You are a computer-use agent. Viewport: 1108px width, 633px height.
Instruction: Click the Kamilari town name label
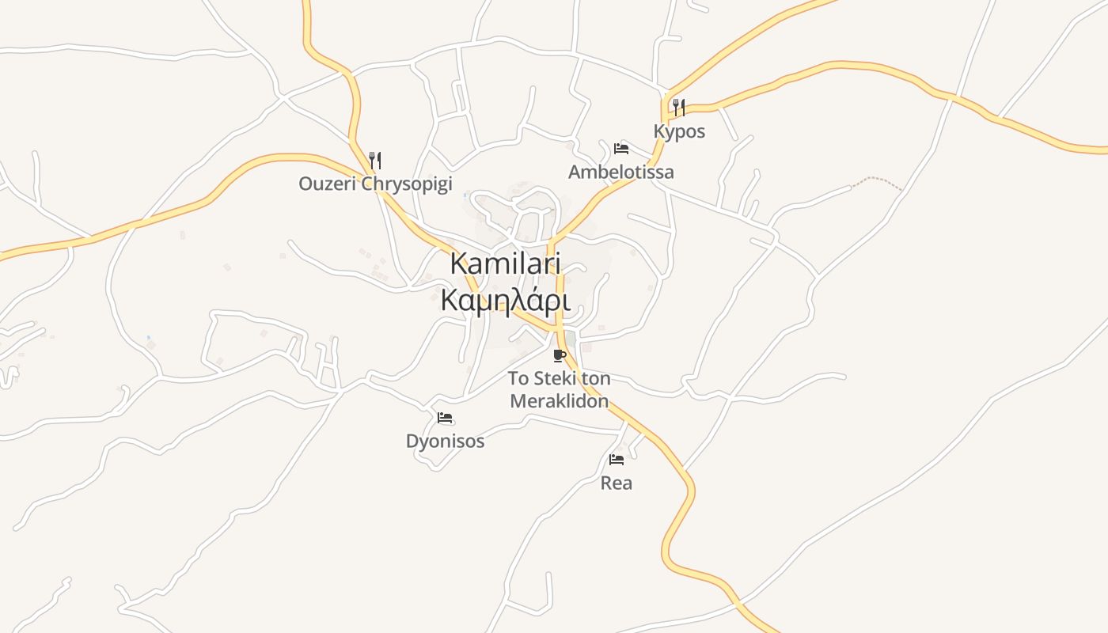coord(505,264)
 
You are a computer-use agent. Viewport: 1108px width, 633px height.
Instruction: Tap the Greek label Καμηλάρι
coord(505,301)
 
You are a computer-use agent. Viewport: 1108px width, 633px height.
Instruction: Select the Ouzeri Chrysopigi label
coord(375,184)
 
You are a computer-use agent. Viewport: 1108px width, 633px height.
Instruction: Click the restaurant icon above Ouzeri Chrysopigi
coord(375,161)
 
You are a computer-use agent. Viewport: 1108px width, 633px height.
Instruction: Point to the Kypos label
coord(679,131)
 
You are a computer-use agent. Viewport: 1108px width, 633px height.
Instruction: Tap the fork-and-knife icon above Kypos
coord(679,108)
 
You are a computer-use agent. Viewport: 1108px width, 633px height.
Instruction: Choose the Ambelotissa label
coord(621,172)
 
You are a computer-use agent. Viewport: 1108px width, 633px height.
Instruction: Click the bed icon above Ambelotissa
coord(621,148)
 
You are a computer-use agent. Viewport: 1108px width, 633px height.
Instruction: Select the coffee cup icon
coord(560,355)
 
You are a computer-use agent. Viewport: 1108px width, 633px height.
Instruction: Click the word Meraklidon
coord(560,401)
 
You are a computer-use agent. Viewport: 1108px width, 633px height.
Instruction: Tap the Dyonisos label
coord(445,441)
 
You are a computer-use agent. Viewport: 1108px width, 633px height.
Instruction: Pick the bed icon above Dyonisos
coord(445,418)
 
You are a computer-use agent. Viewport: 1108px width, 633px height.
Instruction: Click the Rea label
coord(617,483)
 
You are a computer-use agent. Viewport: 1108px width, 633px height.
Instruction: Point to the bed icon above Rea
coord(617,460)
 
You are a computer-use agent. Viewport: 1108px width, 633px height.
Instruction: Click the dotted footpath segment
coord(877,180)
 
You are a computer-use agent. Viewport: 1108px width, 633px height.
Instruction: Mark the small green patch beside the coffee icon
coord(571,339)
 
